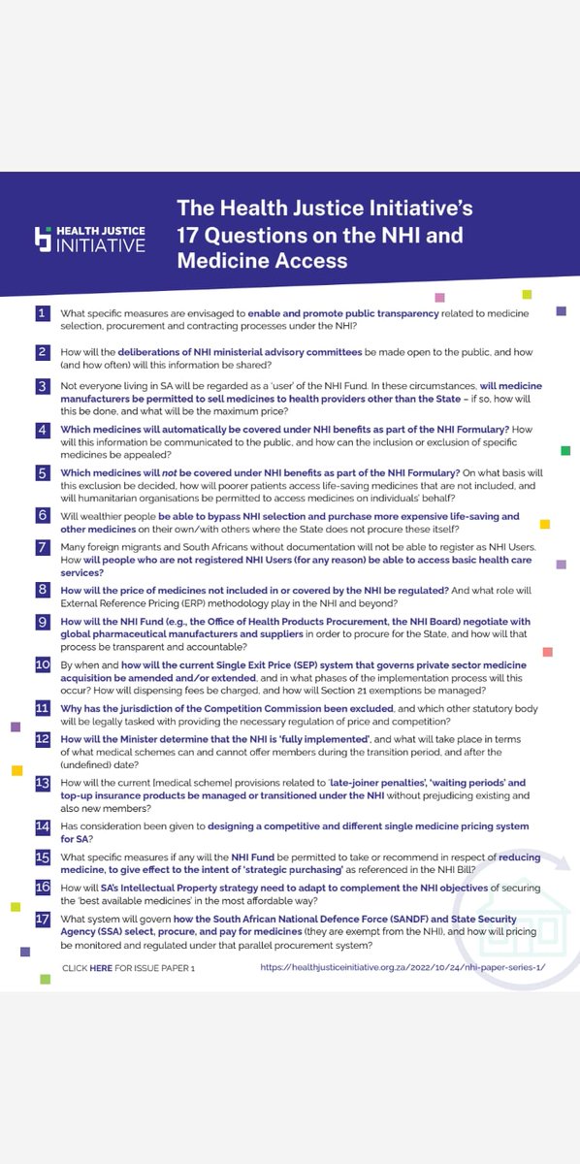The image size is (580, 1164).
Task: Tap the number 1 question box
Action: tap(42, 312)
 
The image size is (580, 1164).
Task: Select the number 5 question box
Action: tap(42, 472)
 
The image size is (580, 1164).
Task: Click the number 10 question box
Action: tap(43, 665)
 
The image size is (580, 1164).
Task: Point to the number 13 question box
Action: tap(43, 782)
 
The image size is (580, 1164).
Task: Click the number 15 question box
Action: tap(43, 858)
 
